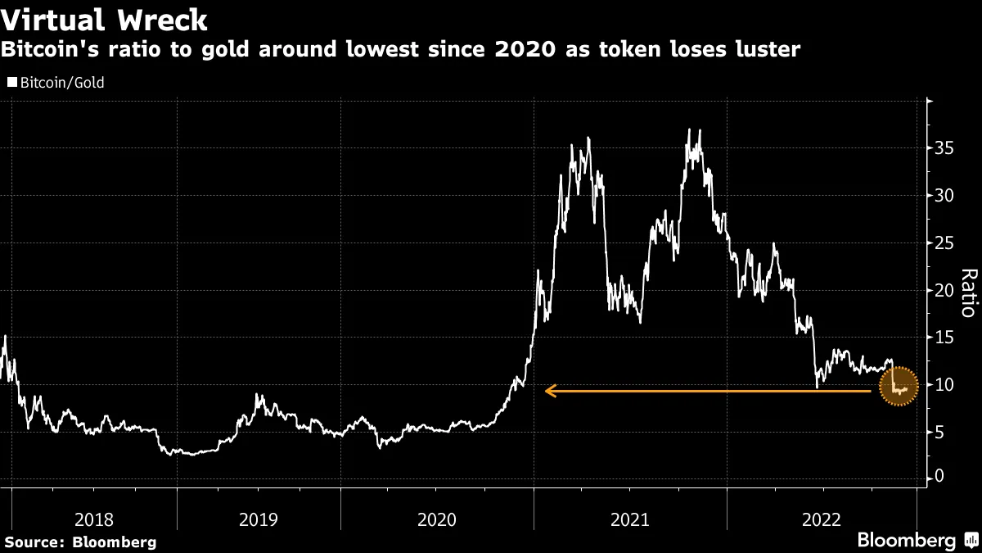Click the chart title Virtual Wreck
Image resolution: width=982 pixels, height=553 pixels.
105,19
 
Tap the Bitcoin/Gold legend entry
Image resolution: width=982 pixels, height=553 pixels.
56,83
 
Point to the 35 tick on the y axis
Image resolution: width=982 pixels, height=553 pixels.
945,148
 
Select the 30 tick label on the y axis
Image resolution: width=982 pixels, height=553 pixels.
945,196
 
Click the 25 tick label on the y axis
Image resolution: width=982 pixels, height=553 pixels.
945,243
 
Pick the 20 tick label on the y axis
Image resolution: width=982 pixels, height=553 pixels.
945,290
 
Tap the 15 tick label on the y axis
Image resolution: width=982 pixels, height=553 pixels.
945,338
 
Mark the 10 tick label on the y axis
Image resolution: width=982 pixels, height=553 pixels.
945,384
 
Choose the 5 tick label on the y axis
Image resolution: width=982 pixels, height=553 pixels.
941,432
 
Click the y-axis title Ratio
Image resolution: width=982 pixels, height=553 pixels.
967,292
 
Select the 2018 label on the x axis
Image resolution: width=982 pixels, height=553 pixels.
93,519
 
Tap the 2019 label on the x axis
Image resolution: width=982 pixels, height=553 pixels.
258,519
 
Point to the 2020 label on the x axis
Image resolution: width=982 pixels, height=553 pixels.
437,519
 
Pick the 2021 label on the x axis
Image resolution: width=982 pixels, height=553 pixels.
629,519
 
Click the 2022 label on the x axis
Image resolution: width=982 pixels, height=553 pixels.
822,519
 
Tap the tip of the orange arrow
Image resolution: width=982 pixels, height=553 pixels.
547,392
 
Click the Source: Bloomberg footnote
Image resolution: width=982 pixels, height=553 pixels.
80,542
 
